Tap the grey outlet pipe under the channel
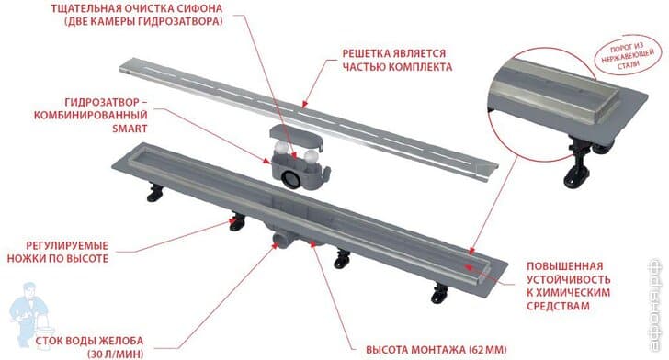(278, 241)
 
